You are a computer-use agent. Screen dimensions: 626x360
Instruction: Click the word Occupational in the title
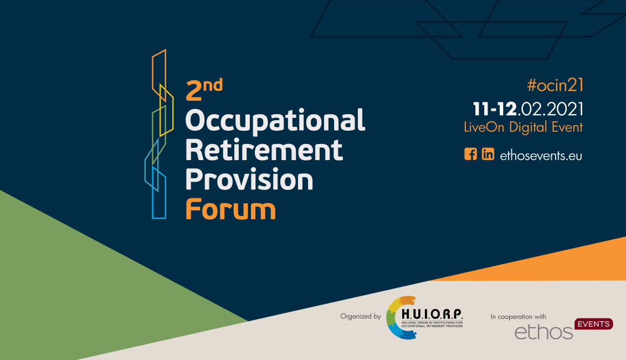(x=275, y=121)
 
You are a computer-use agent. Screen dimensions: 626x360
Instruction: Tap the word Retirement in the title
(x=264, y=150)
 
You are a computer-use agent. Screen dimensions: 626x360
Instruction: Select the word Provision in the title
(x=249, y=179)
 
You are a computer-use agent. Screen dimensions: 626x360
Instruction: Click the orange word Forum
(x=230, y=209)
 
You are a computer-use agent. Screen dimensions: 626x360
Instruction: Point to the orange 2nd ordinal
(x=204, y=89)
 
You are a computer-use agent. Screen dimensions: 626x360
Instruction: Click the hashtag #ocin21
(x=555, y=85)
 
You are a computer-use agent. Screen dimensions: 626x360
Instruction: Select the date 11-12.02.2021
(x=528, y=109)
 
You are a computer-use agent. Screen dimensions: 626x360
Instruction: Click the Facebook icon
(x=471, y=154)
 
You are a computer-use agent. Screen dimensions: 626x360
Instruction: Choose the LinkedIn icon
(x=488, y=154)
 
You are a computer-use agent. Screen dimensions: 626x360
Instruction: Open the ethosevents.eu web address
(x=541, y=155)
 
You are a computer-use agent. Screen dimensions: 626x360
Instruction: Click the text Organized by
(x=361, y=316)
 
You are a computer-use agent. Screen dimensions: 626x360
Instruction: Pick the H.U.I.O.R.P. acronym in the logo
(x=432, y=314)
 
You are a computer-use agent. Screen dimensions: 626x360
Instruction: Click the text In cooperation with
(x=518, y=316)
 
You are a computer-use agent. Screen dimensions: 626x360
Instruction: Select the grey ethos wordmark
(x=544, y=332)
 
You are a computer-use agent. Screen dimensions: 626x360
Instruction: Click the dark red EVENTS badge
(x=594, y=324)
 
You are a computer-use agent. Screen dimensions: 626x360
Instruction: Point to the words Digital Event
(x=546, y=127)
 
